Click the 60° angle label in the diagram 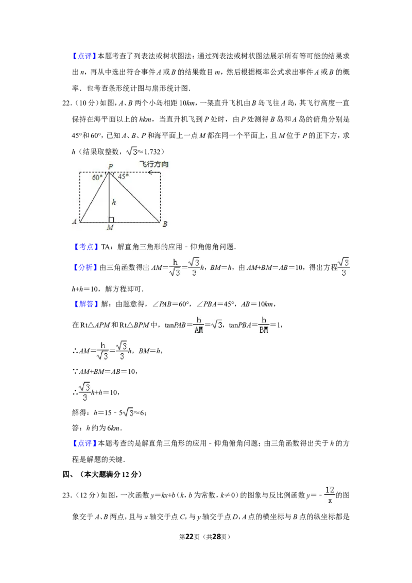pos(97,178)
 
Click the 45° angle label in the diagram pos(123,177)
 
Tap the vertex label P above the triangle pos(110,166)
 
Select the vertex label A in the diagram pos(74,221)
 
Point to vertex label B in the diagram pos(165,224)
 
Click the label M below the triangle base pos(110,227)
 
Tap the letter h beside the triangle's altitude pos(114,202)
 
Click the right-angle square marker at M pos(111,220)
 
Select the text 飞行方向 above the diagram pos(154,164)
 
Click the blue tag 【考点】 pos(85,247)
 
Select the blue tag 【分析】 pos(85,267)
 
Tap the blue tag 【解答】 pos(85,304)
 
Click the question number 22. pos(66,104)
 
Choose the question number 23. pos(66,495)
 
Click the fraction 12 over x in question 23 pos(330,495)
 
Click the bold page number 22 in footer pos(190,537)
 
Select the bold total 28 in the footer pos(217,537)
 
